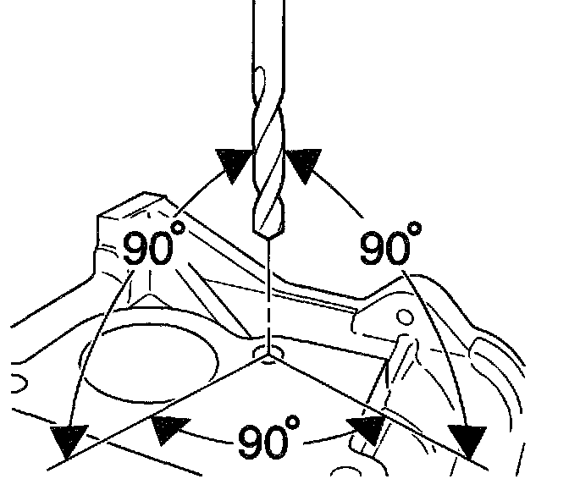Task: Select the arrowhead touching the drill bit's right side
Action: click(304, 162)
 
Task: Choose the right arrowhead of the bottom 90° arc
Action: click(367, 430)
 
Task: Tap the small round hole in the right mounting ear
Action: click(405, 318)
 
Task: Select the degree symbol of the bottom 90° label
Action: click(293, 422)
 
